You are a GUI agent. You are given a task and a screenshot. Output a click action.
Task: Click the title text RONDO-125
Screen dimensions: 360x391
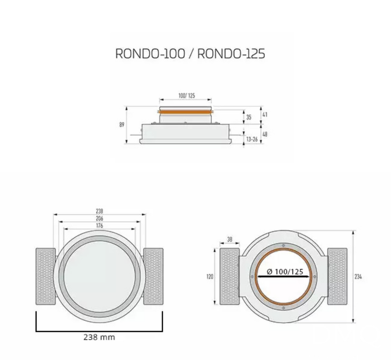[231, 54]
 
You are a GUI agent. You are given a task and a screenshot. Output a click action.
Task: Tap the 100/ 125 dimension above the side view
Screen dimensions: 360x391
[186, 96]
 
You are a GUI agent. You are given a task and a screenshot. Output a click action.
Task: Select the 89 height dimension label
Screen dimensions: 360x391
[122, 125]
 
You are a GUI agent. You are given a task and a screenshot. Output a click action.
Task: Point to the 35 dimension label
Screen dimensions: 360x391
[249, 117]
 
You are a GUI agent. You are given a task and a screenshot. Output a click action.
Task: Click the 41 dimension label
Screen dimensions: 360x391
[264, 115]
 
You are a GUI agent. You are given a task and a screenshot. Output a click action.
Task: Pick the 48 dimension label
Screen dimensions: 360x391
[264, 134]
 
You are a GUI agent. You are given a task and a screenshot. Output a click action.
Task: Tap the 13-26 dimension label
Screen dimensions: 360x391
[252, 139]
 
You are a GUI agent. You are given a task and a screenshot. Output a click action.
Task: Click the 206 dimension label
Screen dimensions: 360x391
[99, 218]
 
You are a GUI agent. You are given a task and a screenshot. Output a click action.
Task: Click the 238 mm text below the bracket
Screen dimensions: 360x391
[99, 337]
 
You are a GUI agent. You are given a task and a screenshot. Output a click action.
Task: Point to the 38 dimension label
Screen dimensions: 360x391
[230, 240]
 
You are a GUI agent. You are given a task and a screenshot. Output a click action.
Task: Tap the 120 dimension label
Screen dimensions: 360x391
[210, 277]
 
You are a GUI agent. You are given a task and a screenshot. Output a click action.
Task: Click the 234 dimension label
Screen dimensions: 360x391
[359, 277]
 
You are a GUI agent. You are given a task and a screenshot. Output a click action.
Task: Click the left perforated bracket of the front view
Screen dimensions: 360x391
[45, 276]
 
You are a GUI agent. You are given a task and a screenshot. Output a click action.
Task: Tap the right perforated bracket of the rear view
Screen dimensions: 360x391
[337, 276]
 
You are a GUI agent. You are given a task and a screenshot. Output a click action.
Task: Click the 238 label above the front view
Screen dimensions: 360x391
[99, 211]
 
